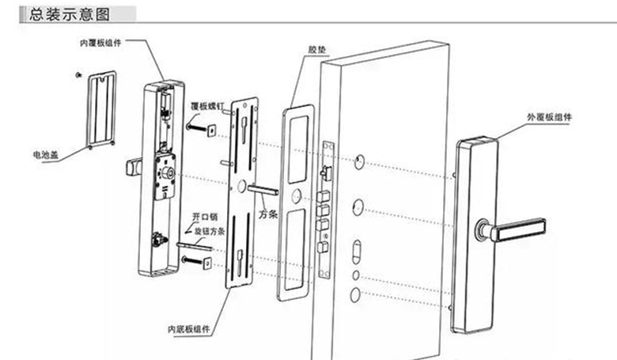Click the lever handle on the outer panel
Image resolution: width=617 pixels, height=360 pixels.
518,228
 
